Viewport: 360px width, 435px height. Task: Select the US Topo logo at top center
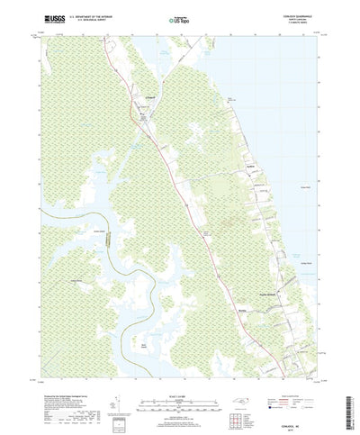click(181, 17)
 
